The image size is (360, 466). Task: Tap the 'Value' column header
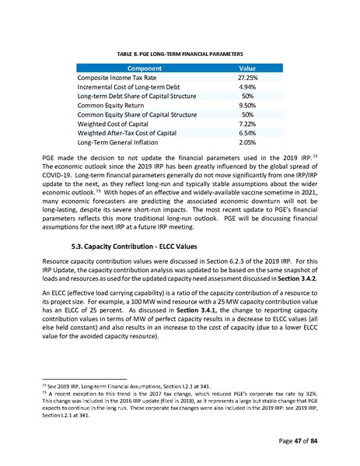pyautogui.click(x=247, y=68)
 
